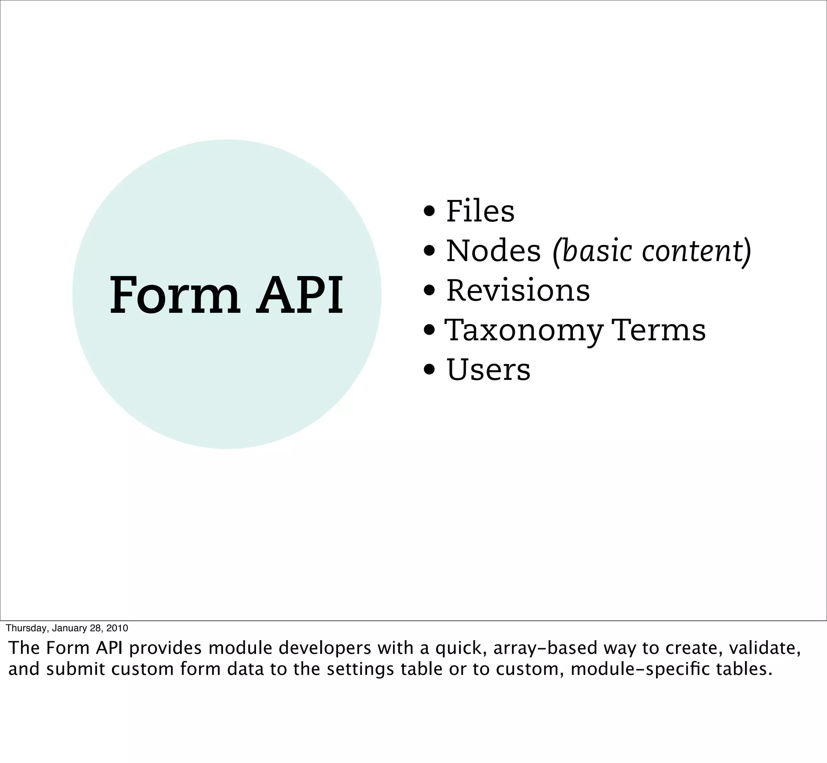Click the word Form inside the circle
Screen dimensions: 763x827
(174, 295)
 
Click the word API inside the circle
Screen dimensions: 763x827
(300, 295)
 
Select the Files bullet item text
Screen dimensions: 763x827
(480, 211)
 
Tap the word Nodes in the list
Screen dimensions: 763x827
(493, 251)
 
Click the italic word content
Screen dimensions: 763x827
(693, 251)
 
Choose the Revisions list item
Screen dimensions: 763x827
(518, 291)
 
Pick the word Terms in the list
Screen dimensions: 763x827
(659, 330)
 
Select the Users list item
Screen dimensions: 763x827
(488, 370)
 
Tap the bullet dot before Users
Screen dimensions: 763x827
(429, 370)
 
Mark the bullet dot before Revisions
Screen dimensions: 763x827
(429, 291)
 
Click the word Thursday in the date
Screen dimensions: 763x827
(26, 628)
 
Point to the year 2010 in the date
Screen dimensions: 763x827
(117, 628)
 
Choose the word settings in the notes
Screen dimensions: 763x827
(361, 669)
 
